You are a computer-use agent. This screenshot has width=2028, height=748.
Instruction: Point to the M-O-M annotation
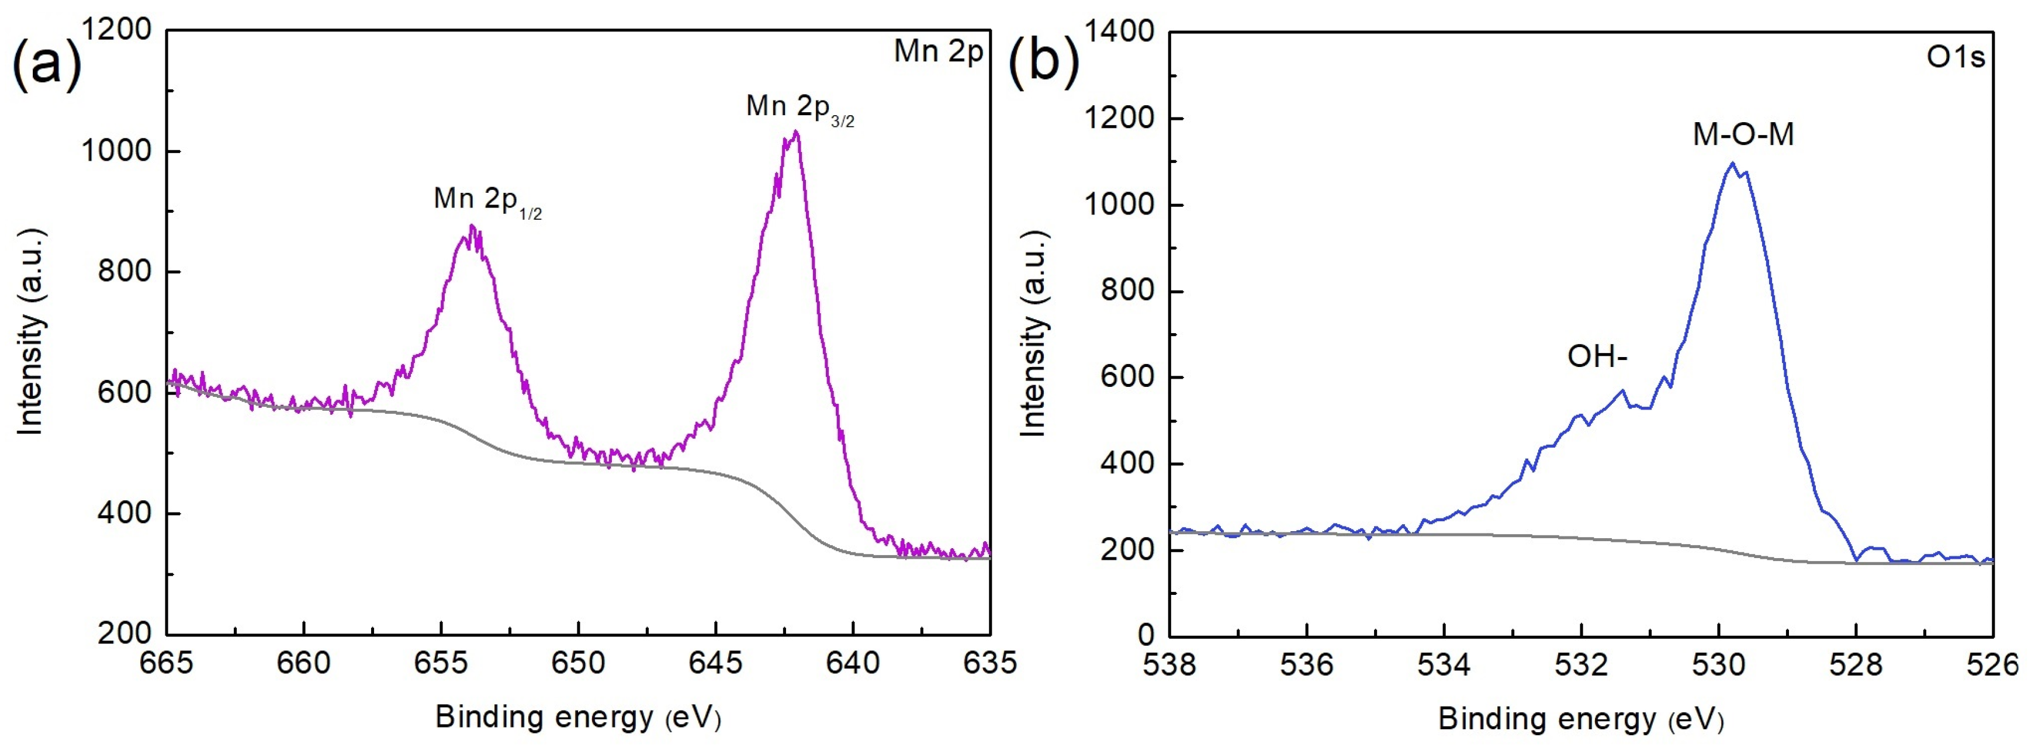(x=1743, y=136)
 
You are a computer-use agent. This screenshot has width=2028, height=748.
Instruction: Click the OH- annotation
(x=1597, y=358)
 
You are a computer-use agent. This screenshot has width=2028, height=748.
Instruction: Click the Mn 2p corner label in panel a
(x=939, y=52)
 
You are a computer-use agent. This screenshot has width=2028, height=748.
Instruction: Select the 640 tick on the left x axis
(x=853, y=663)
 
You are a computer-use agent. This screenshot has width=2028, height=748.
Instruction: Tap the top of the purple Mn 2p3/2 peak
(x=797, y=131)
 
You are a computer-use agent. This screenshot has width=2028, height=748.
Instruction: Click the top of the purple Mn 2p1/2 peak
(x=472, y=227)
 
